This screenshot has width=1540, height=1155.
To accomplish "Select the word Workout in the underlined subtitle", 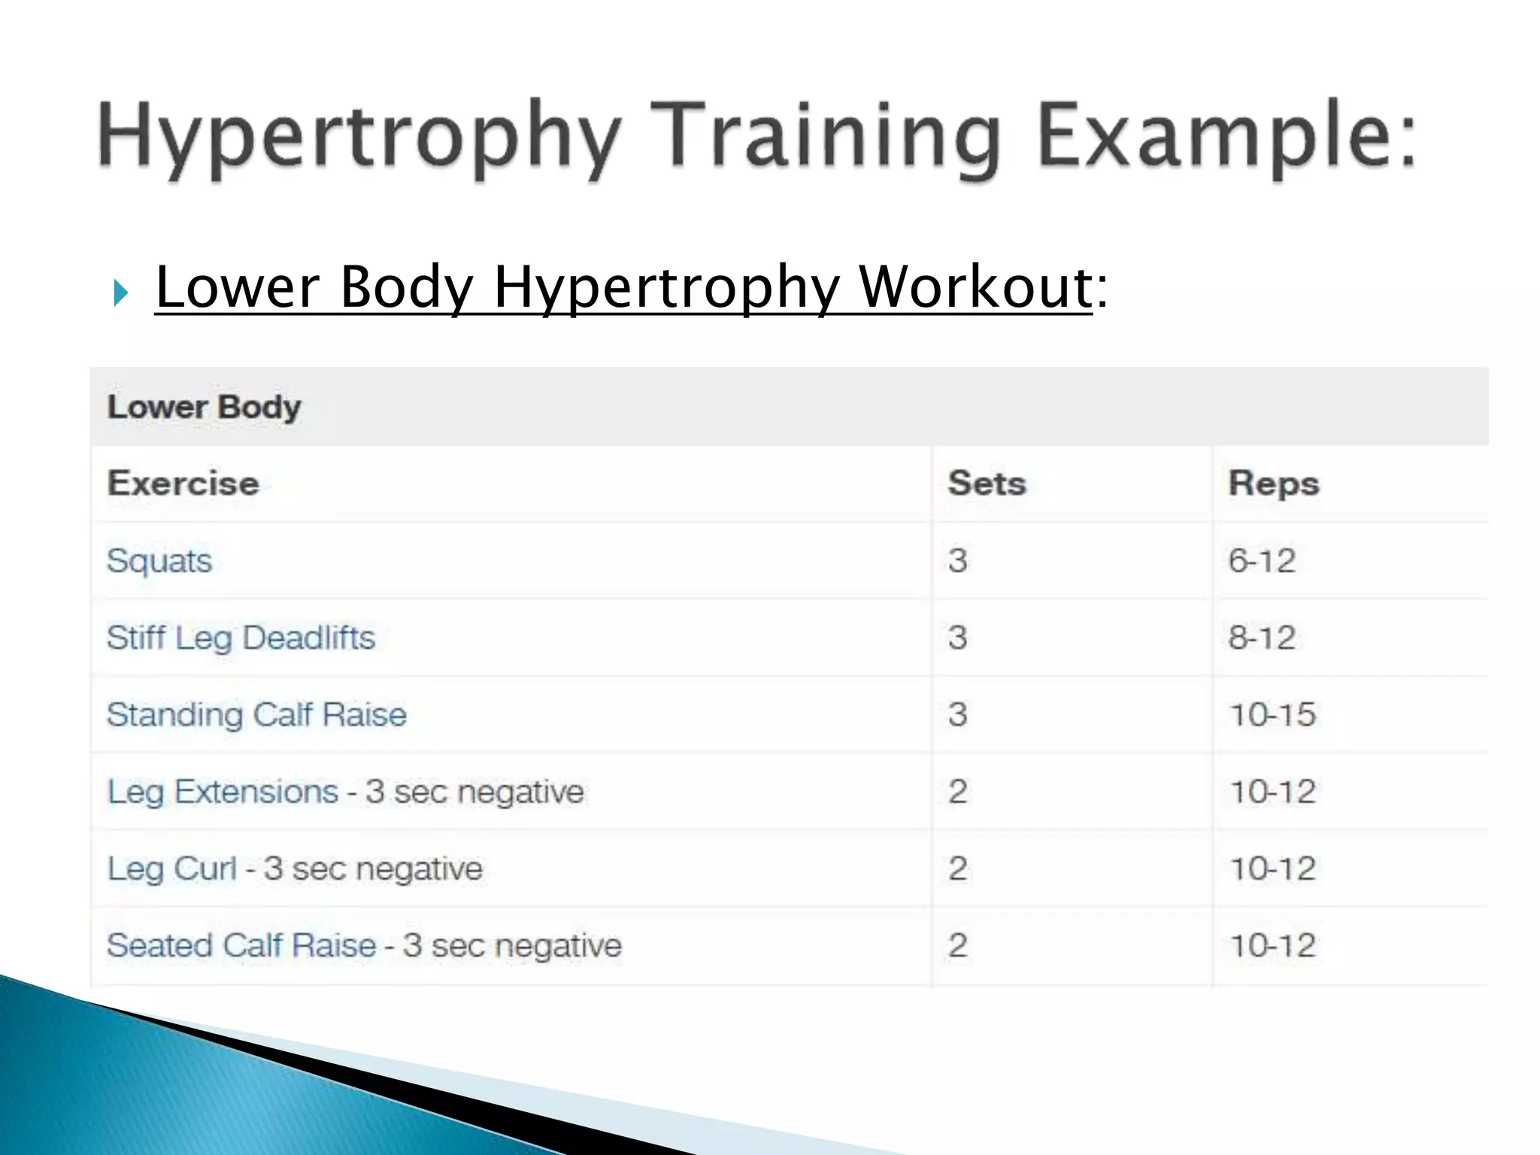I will pos(975,287).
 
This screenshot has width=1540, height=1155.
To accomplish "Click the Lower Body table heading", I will pos(204,407).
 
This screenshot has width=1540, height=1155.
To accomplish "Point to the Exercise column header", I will pos(183,483).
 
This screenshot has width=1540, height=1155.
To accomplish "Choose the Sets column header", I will pos(987,483).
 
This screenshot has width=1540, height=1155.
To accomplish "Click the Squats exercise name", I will pos(159,561).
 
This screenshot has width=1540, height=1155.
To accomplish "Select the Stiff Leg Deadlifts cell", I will pos(241,638).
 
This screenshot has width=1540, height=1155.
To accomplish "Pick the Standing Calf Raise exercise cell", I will pos(256,714).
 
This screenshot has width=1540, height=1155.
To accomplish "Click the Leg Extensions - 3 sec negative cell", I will pos(345,792).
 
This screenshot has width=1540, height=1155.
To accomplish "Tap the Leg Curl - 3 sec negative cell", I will pos(295,869).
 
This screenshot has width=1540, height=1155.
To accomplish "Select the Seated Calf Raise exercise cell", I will pos(364,946).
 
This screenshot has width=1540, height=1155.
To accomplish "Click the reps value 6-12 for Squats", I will pos(1262,561).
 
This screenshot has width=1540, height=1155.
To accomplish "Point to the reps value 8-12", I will pos(1262,638).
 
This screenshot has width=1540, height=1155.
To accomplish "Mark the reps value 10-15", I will pos(1272,714).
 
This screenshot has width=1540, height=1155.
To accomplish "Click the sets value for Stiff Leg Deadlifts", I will pos(957,638).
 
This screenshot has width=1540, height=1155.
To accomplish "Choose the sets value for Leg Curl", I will pos(957,869).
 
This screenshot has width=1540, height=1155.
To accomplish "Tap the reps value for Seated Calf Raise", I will pos(1272,946).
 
